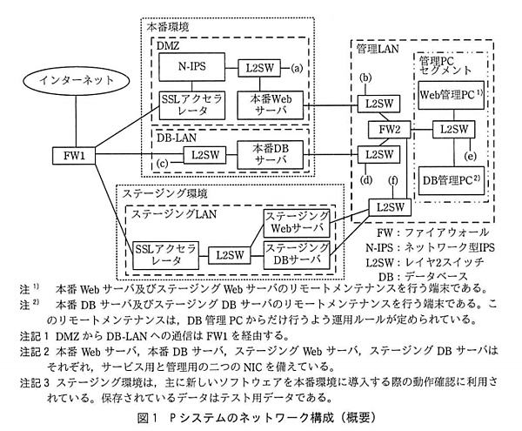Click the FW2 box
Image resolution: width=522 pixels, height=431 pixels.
coord(389,130)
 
